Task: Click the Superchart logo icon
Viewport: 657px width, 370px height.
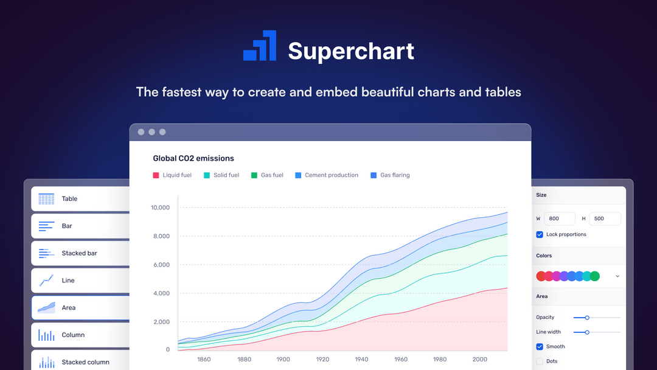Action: point(260,46)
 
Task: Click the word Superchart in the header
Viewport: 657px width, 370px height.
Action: point(351,51)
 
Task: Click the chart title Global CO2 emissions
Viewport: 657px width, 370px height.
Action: point(193,158)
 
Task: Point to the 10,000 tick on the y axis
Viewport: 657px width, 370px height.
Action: point(160,208)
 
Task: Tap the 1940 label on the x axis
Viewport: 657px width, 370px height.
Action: point(361,359)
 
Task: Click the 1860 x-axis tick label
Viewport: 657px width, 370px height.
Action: point(204,359)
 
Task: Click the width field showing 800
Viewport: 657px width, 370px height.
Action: point(560,218)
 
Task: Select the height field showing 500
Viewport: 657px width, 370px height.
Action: point(605,218)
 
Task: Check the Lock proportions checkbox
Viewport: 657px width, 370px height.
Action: point(540,234)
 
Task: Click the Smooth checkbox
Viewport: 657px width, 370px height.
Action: point(540,346)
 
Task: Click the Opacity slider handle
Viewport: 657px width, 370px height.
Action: point(587,318)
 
